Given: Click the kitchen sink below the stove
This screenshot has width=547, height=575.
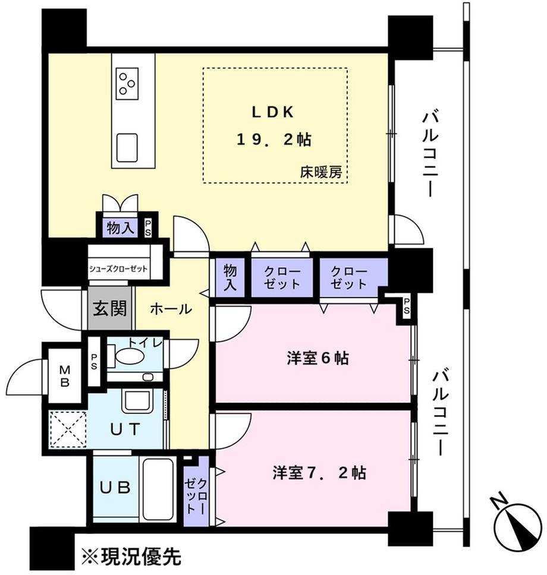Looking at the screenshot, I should [x=127, y=144].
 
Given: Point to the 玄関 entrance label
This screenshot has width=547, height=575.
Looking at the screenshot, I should [x=111, y=308].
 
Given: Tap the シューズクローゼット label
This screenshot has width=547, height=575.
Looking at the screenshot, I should [x=119, y=267].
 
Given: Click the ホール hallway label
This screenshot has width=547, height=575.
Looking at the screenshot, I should [x=171, y=309].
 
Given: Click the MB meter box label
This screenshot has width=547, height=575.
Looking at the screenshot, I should [x=65, y=375].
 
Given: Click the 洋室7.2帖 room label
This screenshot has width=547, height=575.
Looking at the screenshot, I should [x=319, y=473].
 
